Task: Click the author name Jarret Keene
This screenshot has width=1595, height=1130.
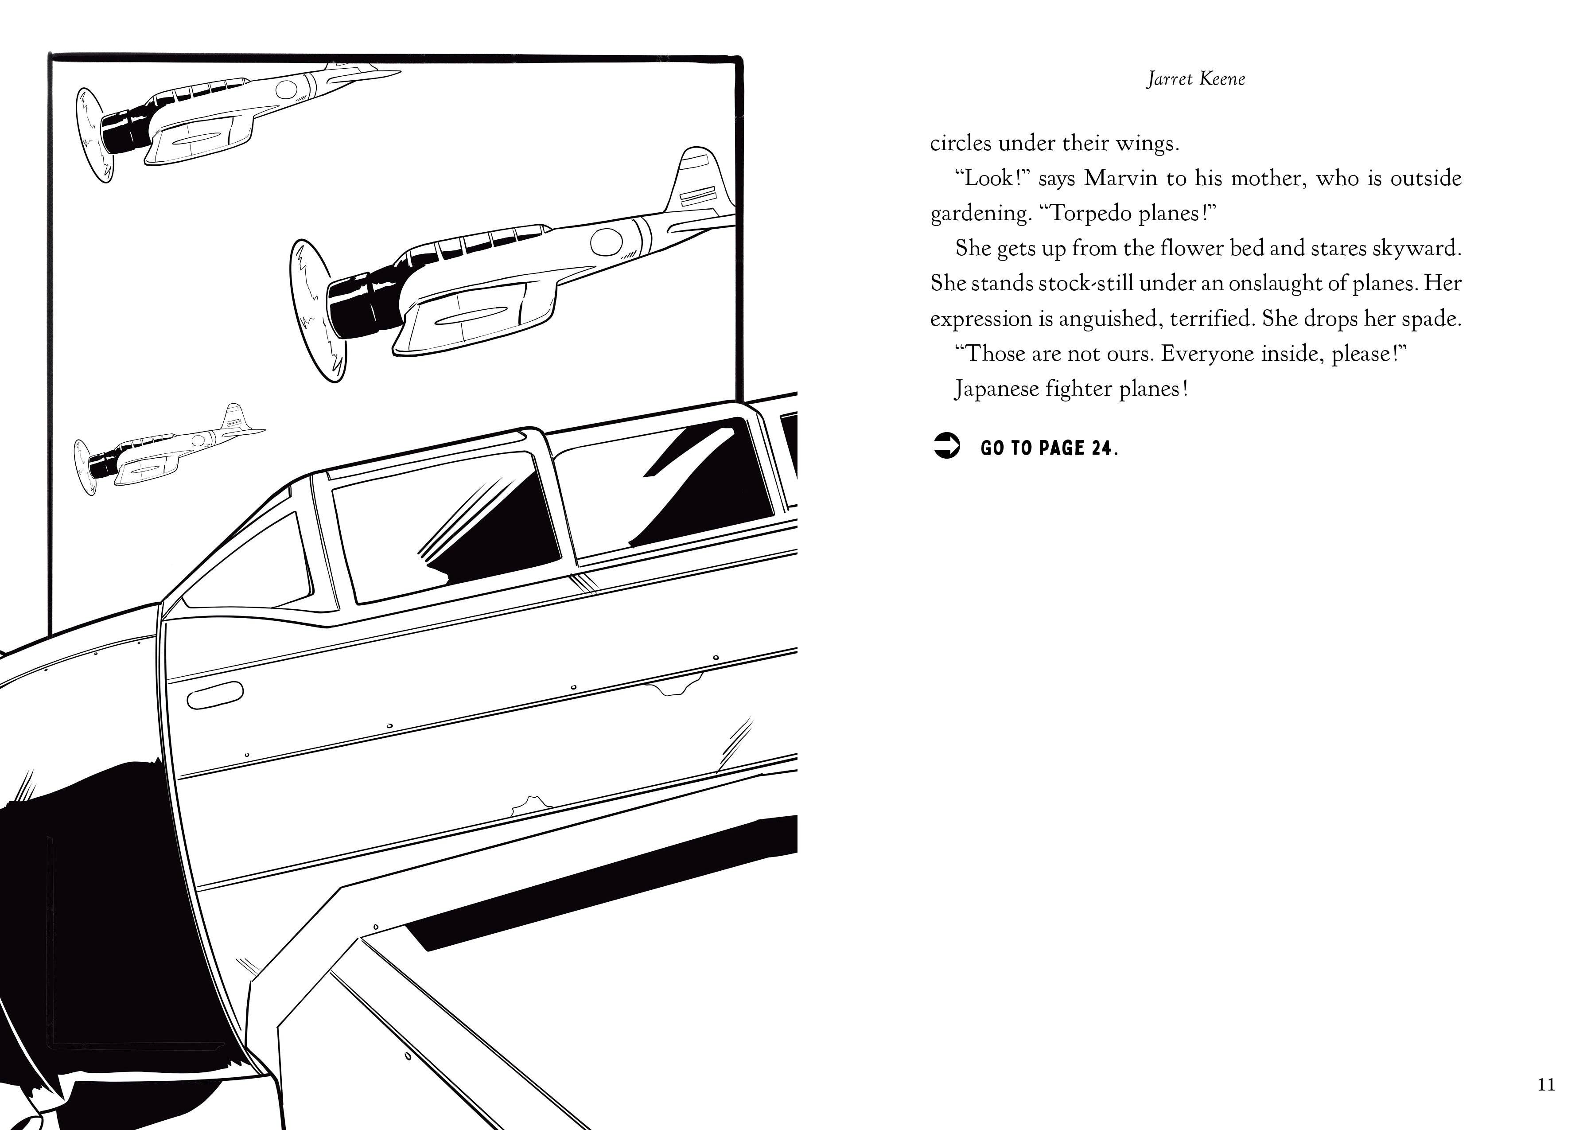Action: click(x=1196, y=78)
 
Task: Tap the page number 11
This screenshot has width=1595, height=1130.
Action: click(x=1546, y=1084)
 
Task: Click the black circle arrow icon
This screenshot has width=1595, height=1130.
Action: click(x=946, y=446)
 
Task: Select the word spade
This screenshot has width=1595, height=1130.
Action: click(x=1434, y=319)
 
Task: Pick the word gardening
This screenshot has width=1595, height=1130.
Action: click(x=980, y=214)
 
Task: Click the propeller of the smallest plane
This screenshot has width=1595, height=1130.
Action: click(x=86, y=467)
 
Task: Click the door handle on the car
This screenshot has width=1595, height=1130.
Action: click(x=215, y=694)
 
